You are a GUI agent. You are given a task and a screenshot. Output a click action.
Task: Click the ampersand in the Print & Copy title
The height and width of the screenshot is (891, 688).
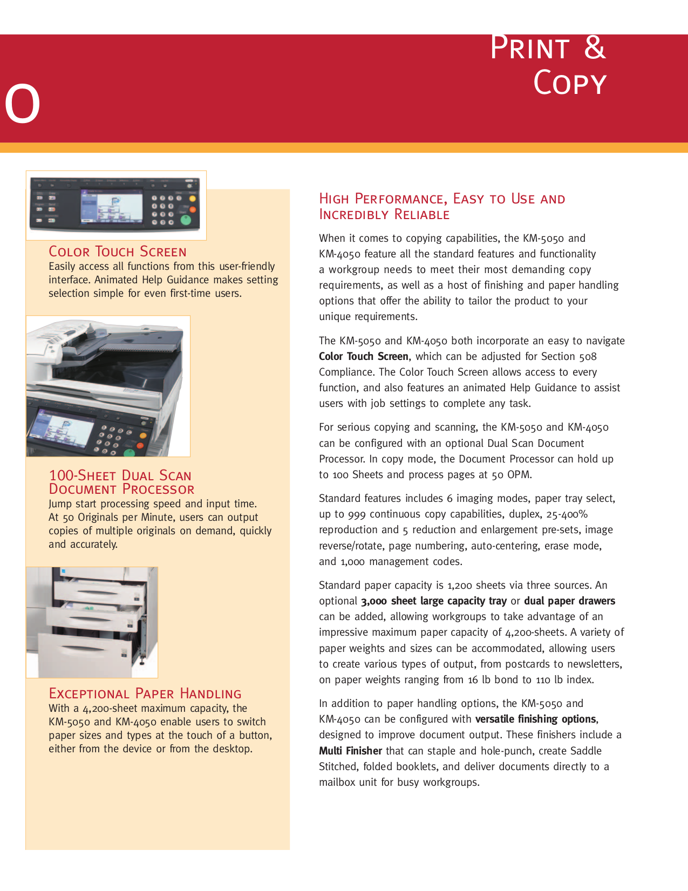pyautogui.click(x=595, y=48)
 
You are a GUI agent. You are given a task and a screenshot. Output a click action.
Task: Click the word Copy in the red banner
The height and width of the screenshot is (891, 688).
pyautogui.click(x=570, y=84)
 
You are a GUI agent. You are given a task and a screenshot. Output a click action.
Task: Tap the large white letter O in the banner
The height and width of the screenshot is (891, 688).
pyautogui.click(x=22, y=104)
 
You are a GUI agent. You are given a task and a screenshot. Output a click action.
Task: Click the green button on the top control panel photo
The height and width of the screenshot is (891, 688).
pyautogui.click(x=185, y=220)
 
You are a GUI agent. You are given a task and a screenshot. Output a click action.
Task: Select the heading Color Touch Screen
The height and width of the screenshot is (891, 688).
pyautogui.click(x=118, y=252)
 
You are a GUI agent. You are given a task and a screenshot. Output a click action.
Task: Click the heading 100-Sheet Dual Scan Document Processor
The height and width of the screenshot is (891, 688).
pyautogui.click(x=121, y=482)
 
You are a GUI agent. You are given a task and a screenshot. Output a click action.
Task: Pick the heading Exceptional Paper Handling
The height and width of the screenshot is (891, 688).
pyautogui.click(x=145, y=694)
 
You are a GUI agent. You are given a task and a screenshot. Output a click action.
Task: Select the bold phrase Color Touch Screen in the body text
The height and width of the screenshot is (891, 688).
pyautogui.click(x=363, y=357)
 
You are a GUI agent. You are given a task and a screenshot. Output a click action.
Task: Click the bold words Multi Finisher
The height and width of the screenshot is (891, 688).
pyautogui.click(x=350, y=751)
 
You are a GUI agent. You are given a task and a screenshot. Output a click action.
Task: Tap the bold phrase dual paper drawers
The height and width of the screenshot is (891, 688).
pyautogui.click(x=569, y=601)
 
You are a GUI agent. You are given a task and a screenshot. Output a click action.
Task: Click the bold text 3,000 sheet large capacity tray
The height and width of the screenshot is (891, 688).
pyautogui.click(x=433, y=601)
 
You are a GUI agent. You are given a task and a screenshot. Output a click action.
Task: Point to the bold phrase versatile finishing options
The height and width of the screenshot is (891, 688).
pyautogui.click(x=535, y=719)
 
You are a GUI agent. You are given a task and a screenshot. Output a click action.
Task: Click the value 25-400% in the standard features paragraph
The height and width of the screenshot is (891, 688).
pyautogui.click(x=567, y=514)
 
